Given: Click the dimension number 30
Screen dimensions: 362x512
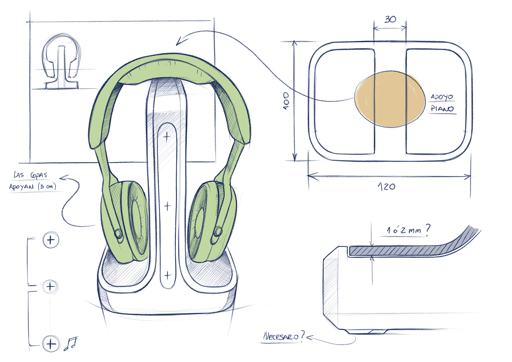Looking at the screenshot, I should click(x=390, y=19).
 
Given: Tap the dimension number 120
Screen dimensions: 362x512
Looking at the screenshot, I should click(x=387, y=187).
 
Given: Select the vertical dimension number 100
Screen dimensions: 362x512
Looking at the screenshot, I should click(x=286, y=100).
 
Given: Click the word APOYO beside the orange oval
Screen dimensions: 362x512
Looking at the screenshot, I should click(x=442, y=97).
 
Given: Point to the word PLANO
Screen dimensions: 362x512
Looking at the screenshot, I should click(x=442, y=109).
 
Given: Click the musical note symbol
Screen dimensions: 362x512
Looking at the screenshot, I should click(x=71, y=343).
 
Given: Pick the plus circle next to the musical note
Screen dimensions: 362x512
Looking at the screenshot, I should click(x=51, y=344).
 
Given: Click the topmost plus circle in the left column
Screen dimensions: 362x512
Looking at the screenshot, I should click(x=51, y=240).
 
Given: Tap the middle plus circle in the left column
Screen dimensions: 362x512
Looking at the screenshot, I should click(x=50, y=286).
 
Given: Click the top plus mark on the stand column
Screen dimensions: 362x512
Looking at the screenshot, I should click(x=167, y=137).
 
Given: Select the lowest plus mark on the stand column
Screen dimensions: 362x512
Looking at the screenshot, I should click(x=167, y=275).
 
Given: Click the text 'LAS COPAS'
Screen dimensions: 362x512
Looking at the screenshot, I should click(x=31, y=175).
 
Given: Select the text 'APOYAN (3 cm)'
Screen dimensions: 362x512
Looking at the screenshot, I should click(x=33, y=187).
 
